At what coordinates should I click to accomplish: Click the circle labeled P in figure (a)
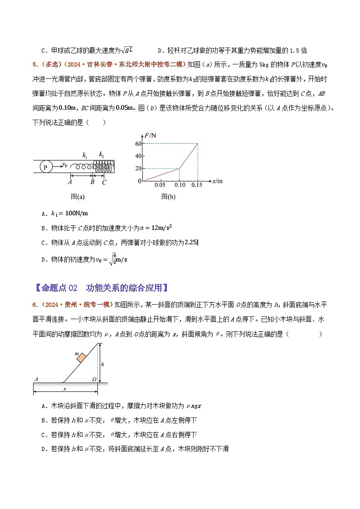pos(46,166)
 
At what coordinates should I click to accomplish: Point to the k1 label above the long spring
pos(85,155)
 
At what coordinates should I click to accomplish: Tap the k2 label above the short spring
pos(102,155)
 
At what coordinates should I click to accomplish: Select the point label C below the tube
pos(104,182)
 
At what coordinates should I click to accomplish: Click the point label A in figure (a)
pos(70,182)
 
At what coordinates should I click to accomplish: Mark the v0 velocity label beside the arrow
pos(65,164)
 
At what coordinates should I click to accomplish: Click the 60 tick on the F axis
pos(138,144)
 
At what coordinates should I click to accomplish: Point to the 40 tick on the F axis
pos(138,156)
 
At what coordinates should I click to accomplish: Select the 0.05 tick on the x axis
pos(160,185)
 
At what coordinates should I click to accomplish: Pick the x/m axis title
pos(218,181)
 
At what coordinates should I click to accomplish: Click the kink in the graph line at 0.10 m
pos(180,169)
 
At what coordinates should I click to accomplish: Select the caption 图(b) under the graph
pos(168,197)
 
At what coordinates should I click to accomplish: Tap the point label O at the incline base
pos(94,379)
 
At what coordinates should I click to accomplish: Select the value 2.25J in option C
pos(192,242)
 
